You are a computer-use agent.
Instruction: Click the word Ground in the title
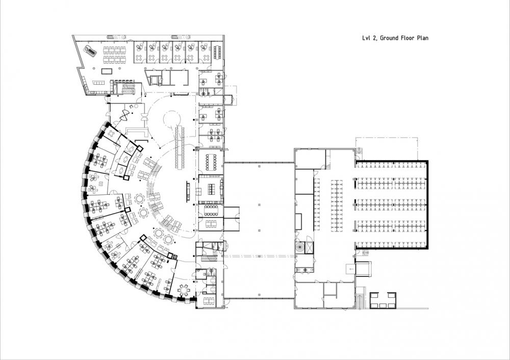[389, 38]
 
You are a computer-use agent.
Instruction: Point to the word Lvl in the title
[367, 38]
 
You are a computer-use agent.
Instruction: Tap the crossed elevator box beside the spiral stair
[310, 247]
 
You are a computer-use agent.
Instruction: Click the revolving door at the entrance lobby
[124, 115]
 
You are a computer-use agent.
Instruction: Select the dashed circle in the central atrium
[172, 118]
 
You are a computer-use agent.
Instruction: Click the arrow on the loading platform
[351, 269]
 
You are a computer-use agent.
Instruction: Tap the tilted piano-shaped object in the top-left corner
[90, 51]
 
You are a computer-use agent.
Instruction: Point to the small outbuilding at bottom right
[383, 300]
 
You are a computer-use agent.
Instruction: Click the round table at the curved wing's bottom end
[184, 289]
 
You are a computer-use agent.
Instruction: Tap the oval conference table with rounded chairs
[212, 162]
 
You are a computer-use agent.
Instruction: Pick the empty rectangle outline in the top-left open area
[107, 71]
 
